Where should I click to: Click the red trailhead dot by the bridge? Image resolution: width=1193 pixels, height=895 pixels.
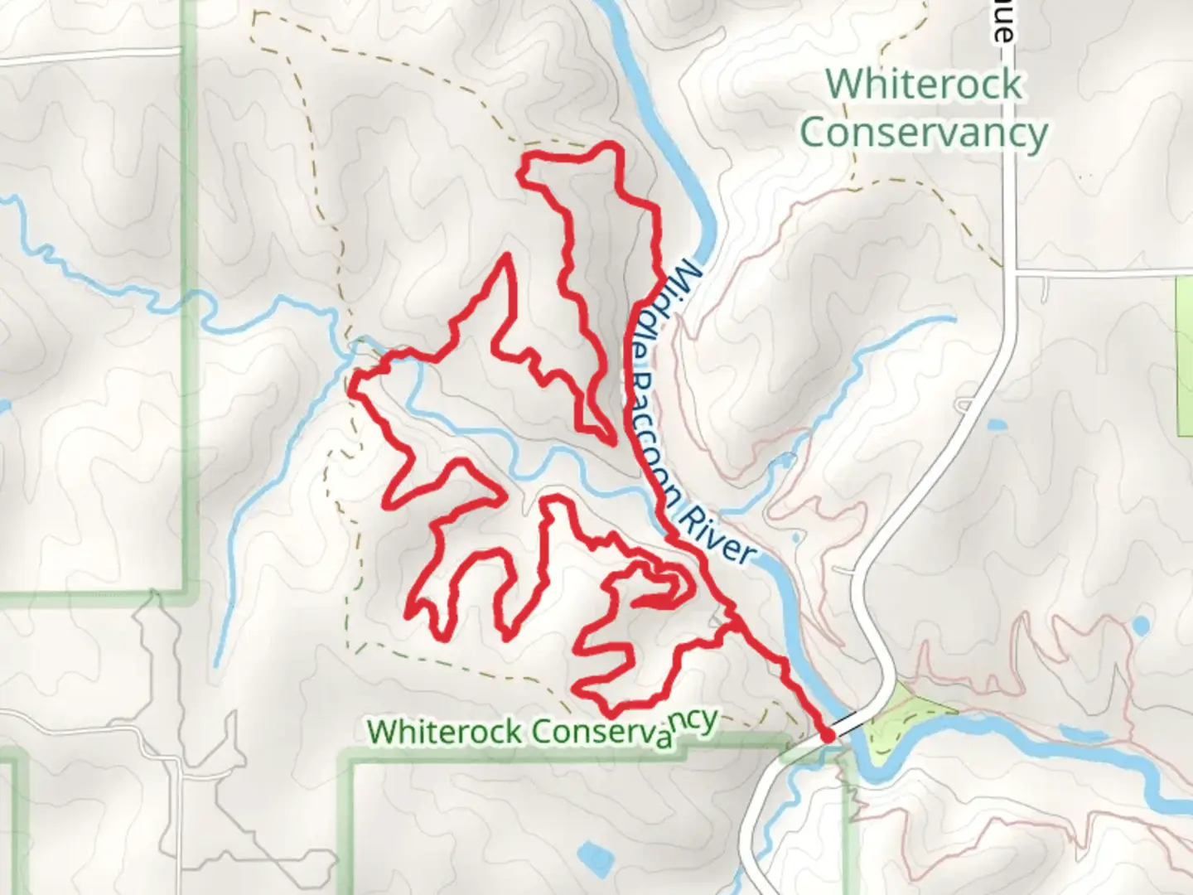coord(826,735)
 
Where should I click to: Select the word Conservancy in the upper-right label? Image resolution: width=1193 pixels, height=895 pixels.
coord(924,133)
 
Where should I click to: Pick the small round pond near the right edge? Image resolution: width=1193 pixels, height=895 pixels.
coord(1141,625)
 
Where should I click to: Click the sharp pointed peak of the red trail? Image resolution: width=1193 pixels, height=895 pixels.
coord(504,259)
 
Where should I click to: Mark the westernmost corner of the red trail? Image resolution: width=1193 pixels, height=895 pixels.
coord(354,388)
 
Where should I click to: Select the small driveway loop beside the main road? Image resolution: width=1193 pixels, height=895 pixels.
coord(964,405)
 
